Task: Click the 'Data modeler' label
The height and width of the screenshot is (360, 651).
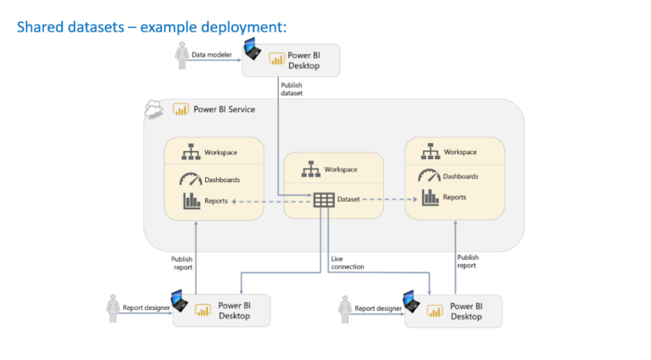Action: coord(211,55)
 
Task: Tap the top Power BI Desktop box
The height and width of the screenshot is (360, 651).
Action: coord(291,59)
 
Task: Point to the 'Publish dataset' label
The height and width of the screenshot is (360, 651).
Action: coord(292,90)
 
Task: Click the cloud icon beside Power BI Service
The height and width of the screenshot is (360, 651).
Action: coord(153,109)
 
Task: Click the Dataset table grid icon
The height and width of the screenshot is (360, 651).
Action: coord(324,200)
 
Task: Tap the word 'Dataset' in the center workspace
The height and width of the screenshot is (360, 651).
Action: coord(349,200)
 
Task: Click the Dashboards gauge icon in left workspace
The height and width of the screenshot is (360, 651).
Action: coord(190,180)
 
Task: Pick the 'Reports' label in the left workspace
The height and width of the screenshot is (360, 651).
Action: coord(216,201)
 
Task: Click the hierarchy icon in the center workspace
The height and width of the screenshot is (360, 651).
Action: coord(310,169)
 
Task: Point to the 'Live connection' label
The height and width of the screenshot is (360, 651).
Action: coord(348,263)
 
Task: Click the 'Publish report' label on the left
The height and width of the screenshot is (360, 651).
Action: coord(182,264)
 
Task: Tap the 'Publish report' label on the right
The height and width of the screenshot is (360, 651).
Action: coord(468,262)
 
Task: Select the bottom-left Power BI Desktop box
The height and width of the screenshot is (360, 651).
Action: coord(221,310)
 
